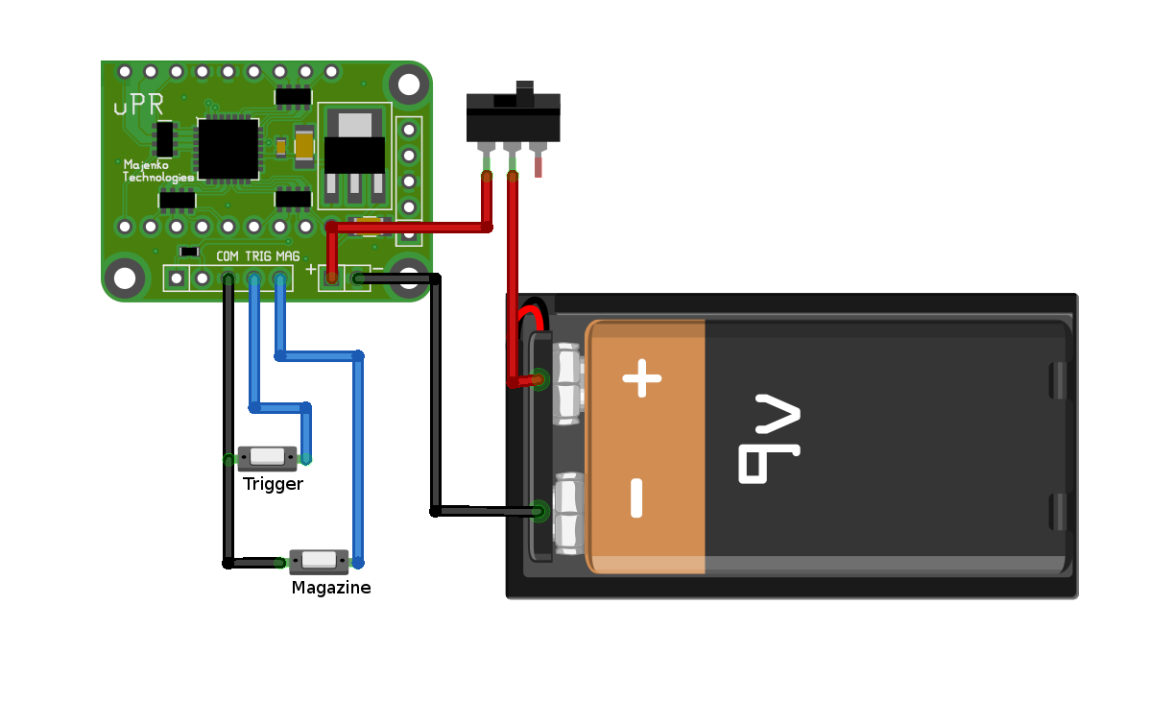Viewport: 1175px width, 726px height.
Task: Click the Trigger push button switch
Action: [x=268, y=457]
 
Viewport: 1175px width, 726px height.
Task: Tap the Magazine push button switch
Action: [x=319, y=561]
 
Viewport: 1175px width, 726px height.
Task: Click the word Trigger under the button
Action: [x=273, y=484]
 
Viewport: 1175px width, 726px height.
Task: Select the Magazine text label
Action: [x=331, y=588]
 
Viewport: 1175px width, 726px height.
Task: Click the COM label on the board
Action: [x=228, y=256]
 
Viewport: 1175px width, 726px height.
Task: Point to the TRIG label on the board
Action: [x=258, y=256]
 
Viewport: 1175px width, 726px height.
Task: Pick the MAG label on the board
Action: [x=288, y=256]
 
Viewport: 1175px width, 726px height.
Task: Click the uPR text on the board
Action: [x=138, y=106]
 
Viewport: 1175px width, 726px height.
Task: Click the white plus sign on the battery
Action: [x=642, y=378]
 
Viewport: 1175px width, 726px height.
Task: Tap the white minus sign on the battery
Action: [x=636, y=497]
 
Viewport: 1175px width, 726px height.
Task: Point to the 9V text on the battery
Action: [x=768, y=438]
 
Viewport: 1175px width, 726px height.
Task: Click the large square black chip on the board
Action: [x=228, y=149]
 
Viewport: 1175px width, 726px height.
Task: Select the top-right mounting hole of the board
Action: [x=410, y=85]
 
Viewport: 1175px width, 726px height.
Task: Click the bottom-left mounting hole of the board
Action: [x=125, y=278]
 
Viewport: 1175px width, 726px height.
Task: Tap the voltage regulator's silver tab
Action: [x=354, y=122]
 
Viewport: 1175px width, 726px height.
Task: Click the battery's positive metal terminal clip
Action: [x=567, y=384]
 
